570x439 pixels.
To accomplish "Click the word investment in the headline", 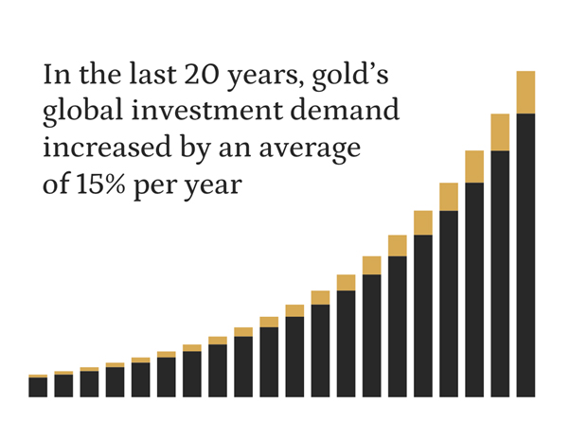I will (x=228, y=112).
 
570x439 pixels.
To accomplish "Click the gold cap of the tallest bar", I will (x=526, y=92).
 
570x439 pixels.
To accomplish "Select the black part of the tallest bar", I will (x=526, y=255).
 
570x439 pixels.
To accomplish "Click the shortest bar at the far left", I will (x=38, y=386).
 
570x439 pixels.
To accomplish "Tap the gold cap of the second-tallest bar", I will (x=501, y=132).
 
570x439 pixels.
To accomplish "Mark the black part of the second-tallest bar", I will (x=501, y=274).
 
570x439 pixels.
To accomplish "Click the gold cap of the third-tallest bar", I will (x=474, y=167).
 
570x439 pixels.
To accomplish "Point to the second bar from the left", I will (x=63, y=384).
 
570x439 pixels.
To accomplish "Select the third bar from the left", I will (x=89, y=382).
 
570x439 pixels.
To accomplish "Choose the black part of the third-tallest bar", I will (x=474, y=289).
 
